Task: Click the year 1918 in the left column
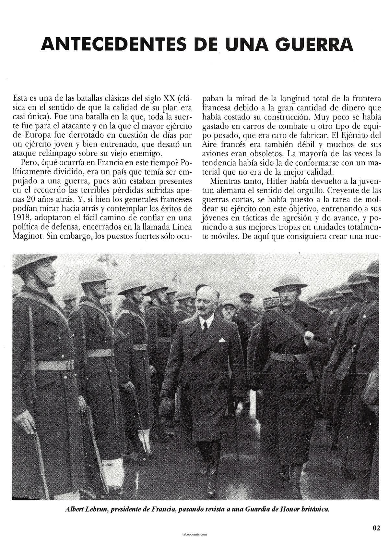tap(23, 217)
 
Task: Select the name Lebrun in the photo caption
tap(96, 509)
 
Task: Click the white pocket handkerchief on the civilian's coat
tap(222, 340)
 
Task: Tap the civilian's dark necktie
tap(205, 326)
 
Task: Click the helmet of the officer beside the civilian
tap(289, 281)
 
